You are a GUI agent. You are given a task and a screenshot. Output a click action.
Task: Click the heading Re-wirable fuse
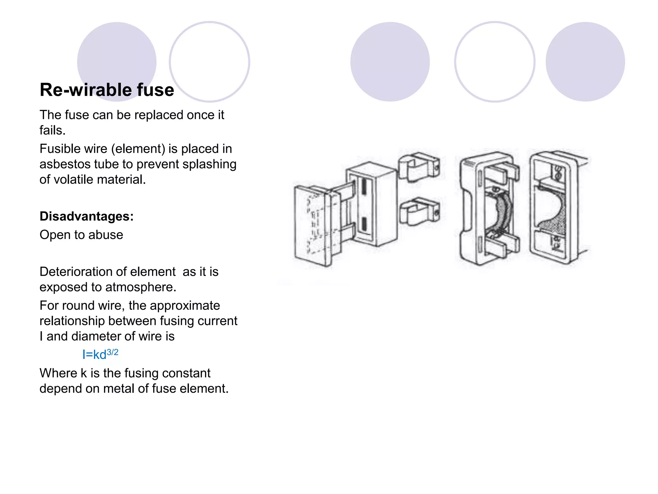pyautogui.click(x=107, y=90)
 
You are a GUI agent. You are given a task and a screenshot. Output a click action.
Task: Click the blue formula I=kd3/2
pyautogui.click(x=100, y=354)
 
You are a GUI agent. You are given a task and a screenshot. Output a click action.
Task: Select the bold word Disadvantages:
pyautogui.click(x=86, y=216)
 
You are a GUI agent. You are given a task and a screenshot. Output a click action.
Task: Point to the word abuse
pyautogui.click(x=106, y=235)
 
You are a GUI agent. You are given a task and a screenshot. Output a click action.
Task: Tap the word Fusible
pyautogui.click(x=55, y=149)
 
